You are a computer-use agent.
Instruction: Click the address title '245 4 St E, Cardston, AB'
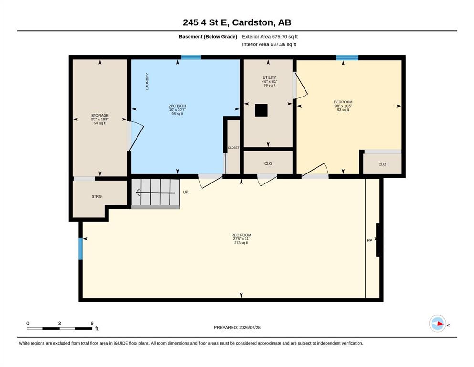pyautogui.click(x=237, y=22)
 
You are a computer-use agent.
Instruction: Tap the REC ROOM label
pyautogui.click(x=241, y=235)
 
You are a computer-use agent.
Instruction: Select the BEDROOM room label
pyautogui.click(x=343, y=102)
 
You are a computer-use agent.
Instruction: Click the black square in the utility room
pyautogui.click(x=261, y=110)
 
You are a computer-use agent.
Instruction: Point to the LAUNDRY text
pyautogui.click(x=147, y=81)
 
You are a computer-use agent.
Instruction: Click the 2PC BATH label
pyautogui.click(x=178, y=106)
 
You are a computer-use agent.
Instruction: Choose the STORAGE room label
pyautogui.click(x=100, y=115)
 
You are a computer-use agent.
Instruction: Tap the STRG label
pyautogui.click(x=97, y=197)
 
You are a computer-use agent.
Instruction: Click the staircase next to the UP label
pyautogui.click(x=156, y=194)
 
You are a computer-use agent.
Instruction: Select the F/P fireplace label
pyautogui.click(x=369, y=241)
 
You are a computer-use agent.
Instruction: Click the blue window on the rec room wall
pyautogui.click(x=80, y=249)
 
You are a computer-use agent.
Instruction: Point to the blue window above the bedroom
pyautogui.click(x=347, y=58)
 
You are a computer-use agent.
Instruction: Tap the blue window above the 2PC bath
pyautogui.click(x=191, y=57)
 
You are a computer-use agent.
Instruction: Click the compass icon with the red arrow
pyautogui.click(x=438, y=324)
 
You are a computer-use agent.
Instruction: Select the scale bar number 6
pyautogui.click(x=92, y=324)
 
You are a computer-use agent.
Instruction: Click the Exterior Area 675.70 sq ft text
pyautogui.click(x=270, y=37)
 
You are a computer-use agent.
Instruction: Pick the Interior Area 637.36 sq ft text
pyautogui.click(x=269, y=44)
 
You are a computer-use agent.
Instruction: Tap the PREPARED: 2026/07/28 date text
pyautogui.click(x=237, y=327)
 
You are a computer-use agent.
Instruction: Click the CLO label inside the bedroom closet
pyautogui.click(x=382, y=164)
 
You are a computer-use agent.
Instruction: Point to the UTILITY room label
pyautogui.click(x=269, y=78)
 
